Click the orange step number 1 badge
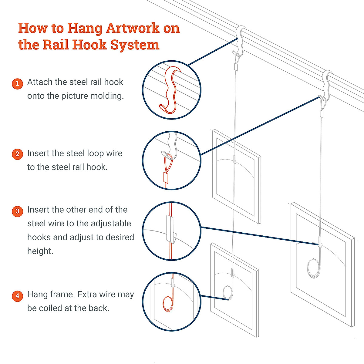pyautogui.click(x=17, y=83)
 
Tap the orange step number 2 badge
pyautogui.click(x=17, y=154)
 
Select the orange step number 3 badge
pyautogui.click(x=17, y=211)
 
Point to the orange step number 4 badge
pyautogui.click(x=17, y=296)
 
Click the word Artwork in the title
pyautogui.click(x=133, y=28)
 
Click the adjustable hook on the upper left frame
pyautogui.click(x=234, y=159)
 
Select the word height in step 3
pyautogui.click(x=40, y=251)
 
